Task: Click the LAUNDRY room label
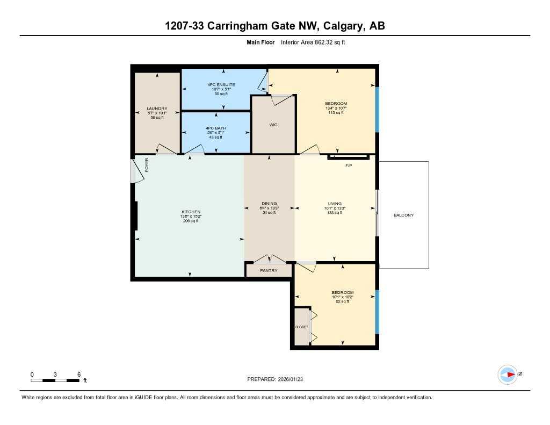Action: (157, 109)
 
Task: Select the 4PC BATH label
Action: (215, 128)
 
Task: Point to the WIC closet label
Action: (273, 125)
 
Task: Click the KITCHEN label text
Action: (191, 212)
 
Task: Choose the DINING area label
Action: (269, 204)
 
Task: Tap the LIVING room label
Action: (335, 204)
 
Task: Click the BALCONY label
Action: (403, 215)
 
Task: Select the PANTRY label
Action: (269, 270)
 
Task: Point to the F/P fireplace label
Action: (348, 166)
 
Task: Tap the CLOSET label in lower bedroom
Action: (301, 326)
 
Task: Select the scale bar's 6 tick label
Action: (79, 374)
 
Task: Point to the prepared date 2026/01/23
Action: (293, 379)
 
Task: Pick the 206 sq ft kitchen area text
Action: (191, 221)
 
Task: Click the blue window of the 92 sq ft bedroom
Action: (377, 312)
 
